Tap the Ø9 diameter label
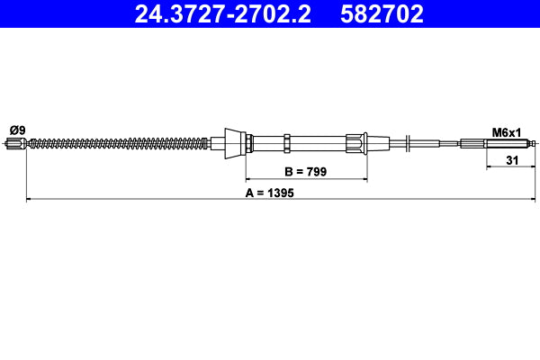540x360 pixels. point(16,130)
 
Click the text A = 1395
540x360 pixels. point(271,192)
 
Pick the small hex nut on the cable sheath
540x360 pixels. point(285,142)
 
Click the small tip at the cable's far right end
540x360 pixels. point(534,143)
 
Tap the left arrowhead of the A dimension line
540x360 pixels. point(30,199)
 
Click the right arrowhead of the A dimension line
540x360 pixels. point(532,199)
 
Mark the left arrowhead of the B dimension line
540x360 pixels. point(250,179)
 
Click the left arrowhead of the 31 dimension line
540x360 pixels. point(489,167)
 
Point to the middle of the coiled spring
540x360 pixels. point(117,142)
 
